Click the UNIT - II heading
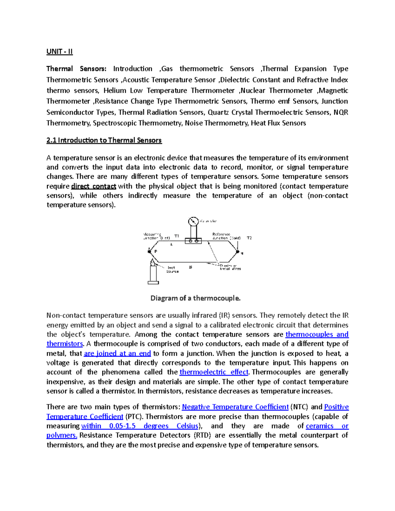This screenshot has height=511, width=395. pyautogui.click(x=60, y=51)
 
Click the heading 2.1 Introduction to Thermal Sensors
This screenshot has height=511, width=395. pyautogui.click(x=104, y=140)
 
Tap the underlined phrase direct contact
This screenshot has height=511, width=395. pyautogui.click(x=93, y=186)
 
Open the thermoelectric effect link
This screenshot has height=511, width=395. pyautogui.click(x=214, y=372)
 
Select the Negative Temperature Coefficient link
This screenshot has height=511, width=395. pyautogui.click(x=235, y=407)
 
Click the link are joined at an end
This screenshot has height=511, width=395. pyautogui.click(x=117, y=353)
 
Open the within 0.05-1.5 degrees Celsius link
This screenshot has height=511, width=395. pyautogui.click(x=140, y=426)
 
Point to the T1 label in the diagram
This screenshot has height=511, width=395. pyautogui.click(x=177, y=236)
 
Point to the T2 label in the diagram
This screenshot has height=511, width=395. pyautogui.click(x=249, y=238)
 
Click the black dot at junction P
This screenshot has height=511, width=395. pyautogui.click(x=149, y=251)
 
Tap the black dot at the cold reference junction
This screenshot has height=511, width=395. pyautogui.click(x=237, y=252)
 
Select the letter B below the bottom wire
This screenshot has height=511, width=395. pyautogui.click(x=191, y=267)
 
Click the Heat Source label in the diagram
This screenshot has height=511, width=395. pyautogui.click(x=172, y=269)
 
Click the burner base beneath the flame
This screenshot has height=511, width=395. pyautogui.click(x=153, y=282)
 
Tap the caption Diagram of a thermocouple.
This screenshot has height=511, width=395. pyautogui.click(x=196, y=298)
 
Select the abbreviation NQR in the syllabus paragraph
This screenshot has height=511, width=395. pyautogui.click(x=341, y=112)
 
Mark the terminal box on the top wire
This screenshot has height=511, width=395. pyautogui.click(x=193, y=241)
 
